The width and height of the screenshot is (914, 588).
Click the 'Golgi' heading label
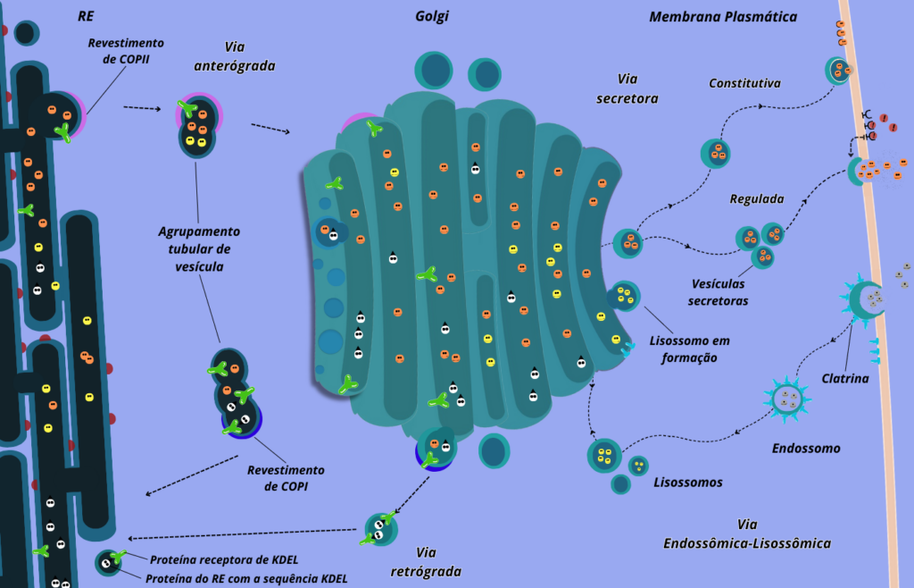pyautogui.click(x=432, y=17)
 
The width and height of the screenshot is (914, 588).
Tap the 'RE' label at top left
pyautogui.click(x=87, y=16)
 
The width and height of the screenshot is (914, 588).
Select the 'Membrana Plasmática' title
pyautogui.click(x=723, y=17)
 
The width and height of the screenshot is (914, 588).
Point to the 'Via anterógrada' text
pyautogui.click(x=236, y=56)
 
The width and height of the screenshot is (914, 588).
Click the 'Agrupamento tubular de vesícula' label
pyautogui.click(x=199, y=248)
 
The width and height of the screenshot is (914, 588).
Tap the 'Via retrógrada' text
pyautogui.click(x=426, y=561)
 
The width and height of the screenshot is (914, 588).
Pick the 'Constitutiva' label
pyautogui.click(x=744, y=84)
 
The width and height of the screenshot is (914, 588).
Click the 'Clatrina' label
pyautogui.click(x=845, y=378)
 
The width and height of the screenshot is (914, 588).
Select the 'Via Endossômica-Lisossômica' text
pyautogui.click(x=747, y=533)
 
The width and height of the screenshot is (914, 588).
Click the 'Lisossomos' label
pyautogui.click(x=688, y=483)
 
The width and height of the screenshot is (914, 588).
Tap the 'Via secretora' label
pyautogui.click(x=627, y=88)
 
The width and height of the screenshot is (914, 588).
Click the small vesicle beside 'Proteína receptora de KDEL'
pyautogui.click(x=108, y=563)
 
